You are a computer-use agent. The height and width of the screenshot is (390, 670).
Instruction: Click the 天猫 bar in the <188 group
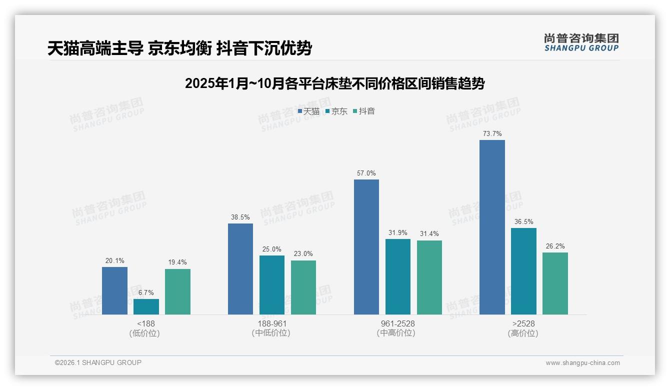click(x=114, y=290)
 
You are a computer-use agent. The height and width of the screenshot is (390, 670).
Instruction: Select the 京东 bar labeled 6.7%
click(x=146, y=306)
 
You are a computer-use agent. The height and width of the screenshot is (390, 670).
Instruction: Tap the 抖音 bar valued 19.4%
click(x=177, y=291)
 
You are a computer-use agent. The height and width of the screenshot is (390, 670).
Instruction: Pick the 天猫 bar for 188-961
click(x=240, y=269)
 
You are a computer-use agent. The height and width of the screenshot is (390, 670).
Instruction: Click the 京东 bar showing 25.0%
click(x=272, y=285)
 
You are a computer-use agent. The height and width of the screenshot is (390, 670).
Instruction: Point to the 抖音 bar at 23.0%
click(x=303, y=287)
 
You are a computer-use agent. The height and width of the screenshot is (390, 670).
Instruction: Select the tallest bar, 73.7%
click(x=492, y=227)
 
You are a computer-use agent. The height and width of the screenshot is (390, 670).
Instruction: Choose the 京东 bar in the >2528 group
click(x=523, y=271)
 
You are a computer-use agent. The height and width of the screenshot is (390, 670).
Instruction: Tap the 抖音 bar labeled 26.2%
click(x=555, y=283)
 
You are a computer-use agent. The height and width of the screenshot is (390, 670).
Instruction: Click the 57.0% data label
click(x=366, y=173)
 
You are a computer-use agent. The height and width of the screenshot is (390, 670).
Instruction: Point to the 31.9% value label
click(x=397, y=232)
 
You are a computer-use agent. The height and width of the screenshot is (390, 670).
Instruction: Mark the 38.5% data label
click(x=240, y=217)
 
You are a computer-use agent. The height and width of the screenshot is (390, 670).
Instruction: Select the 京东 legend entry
click(x=336, y=111)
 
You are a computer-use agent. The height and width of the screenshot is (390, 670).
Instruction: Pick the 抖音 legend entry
click(x=364, y=111)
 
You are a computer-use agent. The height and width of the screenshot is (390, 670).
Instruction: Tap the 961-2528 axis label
click(x=397, y=324)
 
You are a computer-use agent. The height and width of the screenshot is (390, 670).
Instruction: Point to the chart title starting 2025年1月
click(x=334, y=83)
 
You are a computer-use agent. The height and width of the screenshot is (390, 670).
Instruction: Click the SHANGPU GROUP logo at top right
click(x=581, y=42)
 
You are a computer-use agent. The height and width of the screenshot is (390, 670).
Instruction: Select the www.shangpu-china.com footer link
click(x=582, y=363)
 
